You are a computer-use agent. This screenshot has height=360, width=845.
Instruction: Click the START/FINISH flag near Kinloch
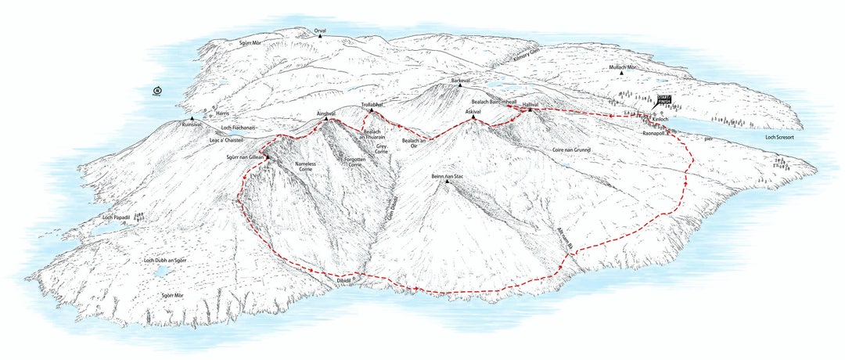click(663, 99)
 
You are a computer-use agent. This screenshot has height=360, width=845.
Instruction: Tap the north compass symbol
click(158, 91)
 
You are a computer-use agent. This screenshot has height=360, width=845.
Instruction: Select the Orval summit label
click(320, 31)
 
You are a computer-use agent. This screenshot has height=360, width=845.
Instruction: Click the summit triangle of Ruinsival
click(191, 119)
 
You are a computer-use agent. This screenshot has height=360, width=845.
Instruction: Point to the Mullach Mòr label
click(624, 67)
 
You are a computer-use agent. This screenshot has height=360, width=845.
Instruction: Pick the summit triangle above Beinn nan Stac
click(448, 182)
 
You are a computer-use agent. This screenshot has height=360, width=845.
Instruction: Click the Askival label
click(473, 112)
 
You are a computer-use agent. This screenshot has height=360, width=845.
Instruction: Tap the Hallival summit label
click(531, 103)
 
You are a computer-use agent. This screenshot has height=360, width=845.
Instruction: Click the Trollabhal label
click(371, 104)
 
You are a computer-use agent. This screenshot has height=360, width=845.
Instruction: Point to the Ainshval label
click(326, 113)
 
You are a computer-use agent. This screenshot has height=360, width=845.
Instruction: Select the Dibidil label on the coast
click(344, 279)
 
